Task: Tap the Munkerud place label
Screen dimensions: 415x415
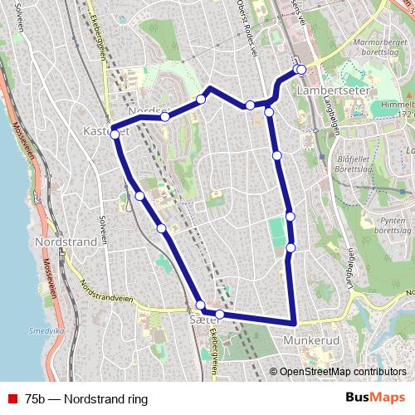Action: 312,341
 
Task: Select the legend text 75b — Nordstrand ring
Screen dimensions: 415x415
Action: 86,399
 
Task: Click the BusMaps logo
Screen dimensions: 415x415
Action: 374,398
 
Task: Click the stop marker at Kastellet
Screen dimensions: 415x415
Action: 115,133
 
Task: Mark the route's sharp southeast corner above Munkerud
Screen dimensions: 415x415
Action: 295,322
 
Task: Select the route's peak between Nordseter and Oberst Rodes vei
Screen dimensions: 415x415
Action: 211,87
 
